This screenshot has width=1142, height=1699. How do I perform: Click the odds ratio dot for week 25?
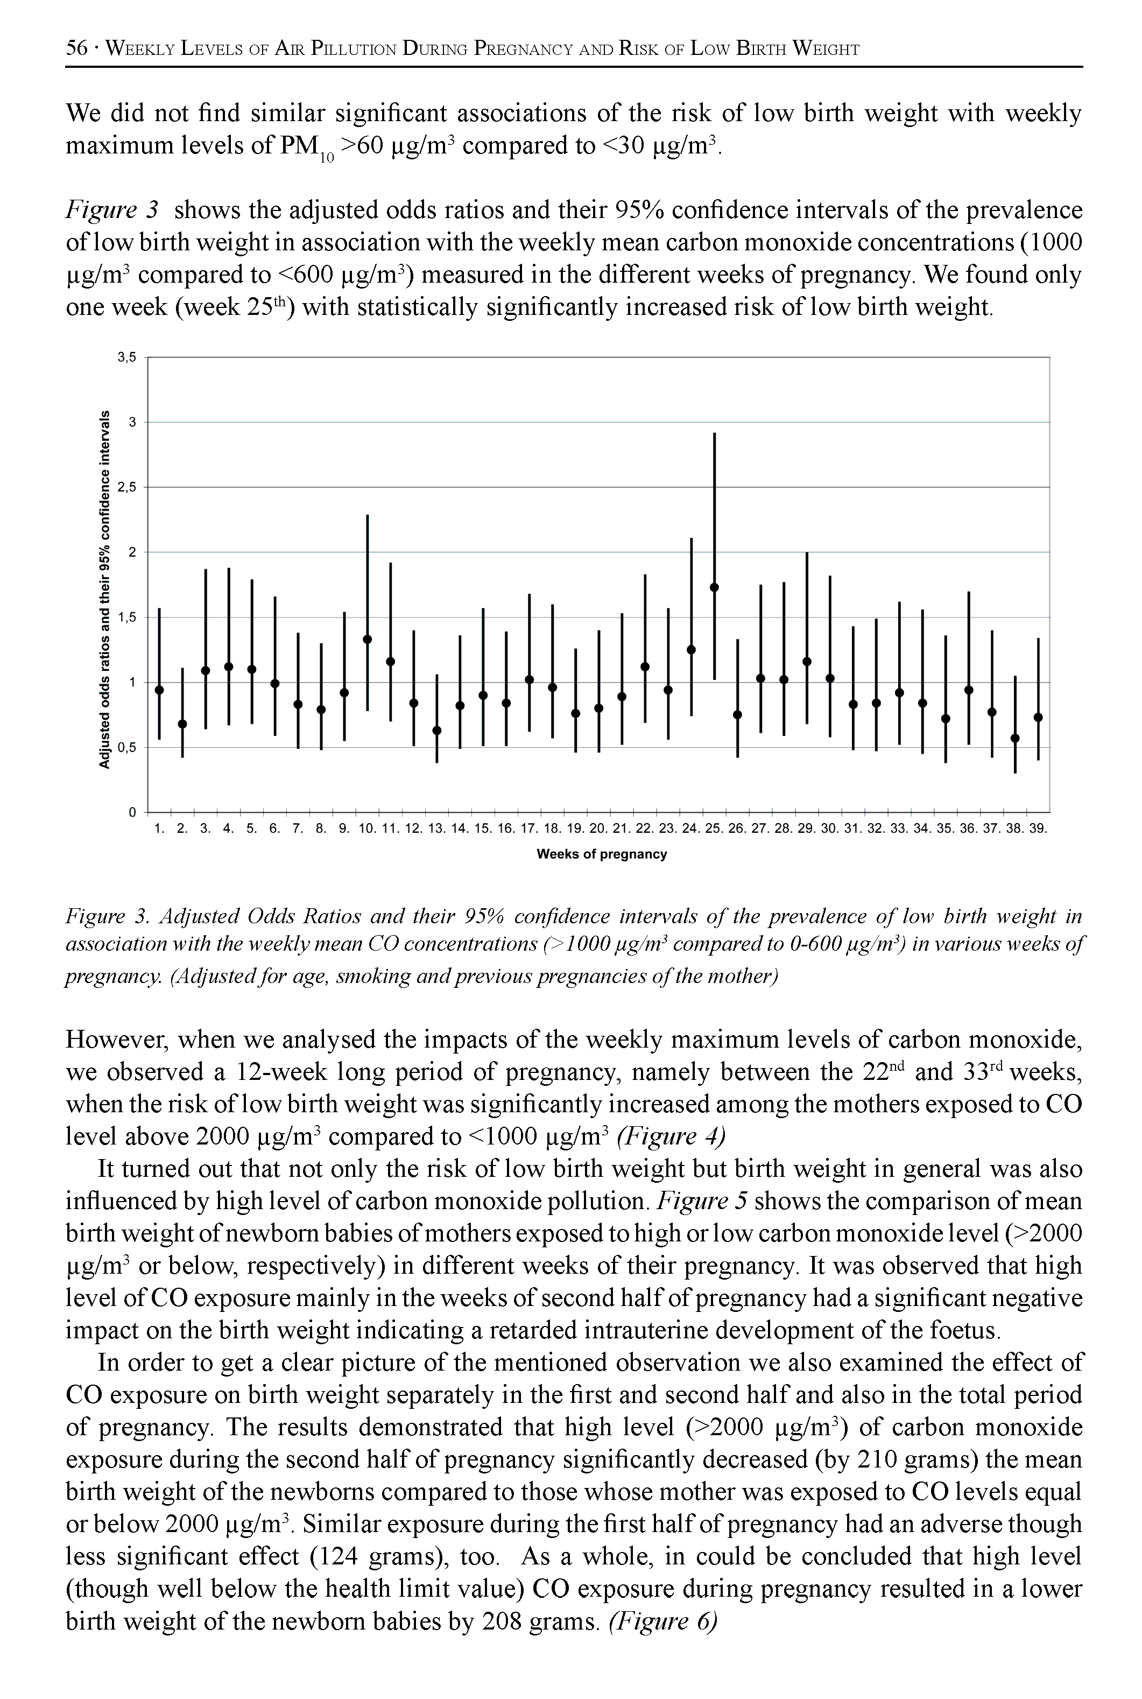[x=714, y=587]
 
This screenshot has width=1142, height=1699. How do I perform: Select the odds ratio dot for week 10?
[x=367, y=639]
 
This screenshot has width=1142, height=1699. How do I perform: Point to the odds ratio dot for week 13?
[x=437, y=730]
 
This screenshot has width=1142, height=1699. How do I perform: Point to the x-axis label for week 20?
[x=598, y=829]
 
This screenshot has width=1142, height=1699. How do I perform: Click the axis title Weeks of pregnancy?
[x=602, y=854]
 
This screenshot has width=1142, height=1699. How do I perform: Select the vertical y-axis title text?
[x=105, y=589]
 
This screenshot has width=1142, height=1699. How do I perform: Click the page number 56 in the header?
[x=76, y=49]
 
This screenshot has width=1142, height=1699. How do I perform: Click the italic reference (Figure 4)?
[x=671, y=1136]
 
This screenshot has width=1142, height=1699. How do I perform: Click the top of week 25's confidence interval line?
[x=714, y=434]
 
